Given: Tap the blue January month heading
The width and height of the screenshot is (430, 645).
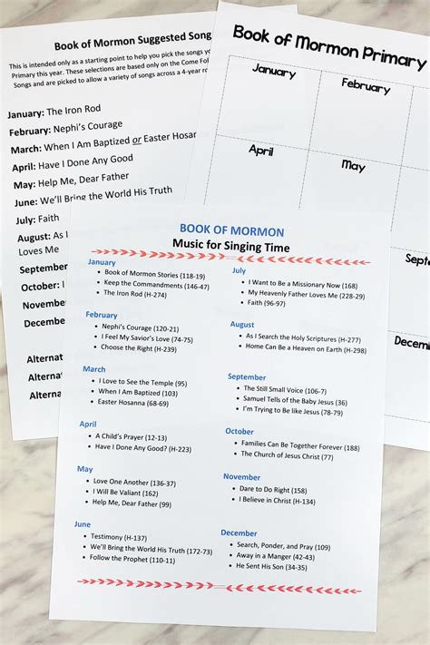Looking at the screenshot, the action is pos(102,263).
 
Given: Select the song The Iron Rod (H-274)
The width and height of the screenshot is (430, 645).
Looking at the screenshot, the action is pos(134,294).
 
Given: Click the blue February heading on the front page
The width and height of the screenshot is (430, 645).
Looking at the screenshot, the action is pos(102,315).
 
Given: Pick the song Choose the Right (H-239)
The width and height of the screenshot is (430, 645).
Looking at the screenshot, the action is pos(139,347).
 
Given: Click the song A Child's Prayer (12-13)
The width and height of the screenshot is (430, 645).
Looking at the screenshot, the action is pos(130,436).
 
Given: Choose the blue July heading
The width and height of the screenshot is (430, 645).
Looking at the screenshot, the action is pos(239,269).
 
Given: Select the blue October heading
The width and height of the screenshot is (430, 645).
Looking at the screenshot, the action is pos(239,432).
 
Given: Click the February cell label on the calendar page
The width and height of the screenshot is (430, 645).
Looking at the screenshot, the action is pos(366,85).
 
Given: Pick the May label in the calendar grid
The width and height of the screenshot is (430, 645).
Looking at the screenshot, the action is pos(353,165).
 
